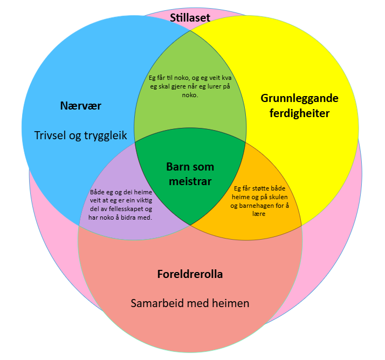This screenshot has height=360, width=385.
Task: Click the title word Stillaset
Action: click(x=190, y=18)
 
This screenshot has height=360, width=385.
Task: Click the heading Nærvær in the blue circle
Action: click(x=81, y=105)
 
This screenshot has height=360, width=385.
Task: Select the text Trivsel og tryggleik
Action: click(x=81, y=135)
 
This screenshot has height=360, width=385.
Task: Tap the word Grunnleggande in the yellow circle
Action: click(x=299, y=98)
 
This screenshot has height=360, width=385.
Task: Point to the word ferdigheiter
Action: click(x=299, y=113)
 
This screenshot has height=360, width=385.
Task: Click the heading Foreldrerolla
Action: click(x=190, y=274)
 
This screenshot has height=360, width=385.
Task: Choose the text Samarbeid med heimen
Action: click(x=190, y=303)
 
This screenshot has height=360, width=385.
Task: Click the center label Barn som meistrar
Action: click(x=189, y=174)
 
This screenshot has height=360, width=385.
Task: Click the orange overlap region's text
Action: click(x=261, y=201)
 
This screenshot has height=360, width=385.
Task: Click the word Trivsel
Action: click(x=51, y=135)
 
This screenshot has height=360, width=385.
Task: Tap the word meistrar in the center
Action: click(x=189, y=181)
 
